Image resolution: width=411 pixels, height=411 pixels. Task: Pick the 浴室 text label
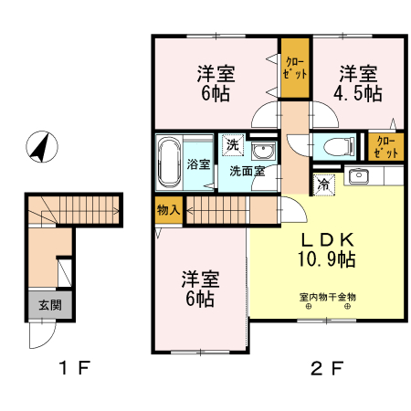(x=199, y=164)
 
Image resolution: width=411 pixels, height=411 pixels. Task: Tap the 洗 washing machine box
(x=232, y=144)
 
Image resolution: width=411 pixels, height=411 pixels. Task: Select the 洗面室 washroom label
(x=246, y=171)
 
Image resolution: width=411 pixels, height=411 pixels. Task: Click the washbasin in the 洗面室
(x=263, y=150)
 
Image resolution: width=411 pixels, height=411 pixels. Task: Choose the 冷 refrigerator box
(x=325, y=184)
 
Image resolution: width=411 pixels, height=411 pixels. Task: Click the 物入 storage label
(x=168, y=209)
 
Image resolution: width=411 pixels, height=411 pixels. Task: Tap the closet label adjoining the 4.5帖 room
(x=295, y=68)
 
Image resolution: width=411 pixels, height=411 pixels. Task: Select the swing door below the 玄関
(x=40, y=335)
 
